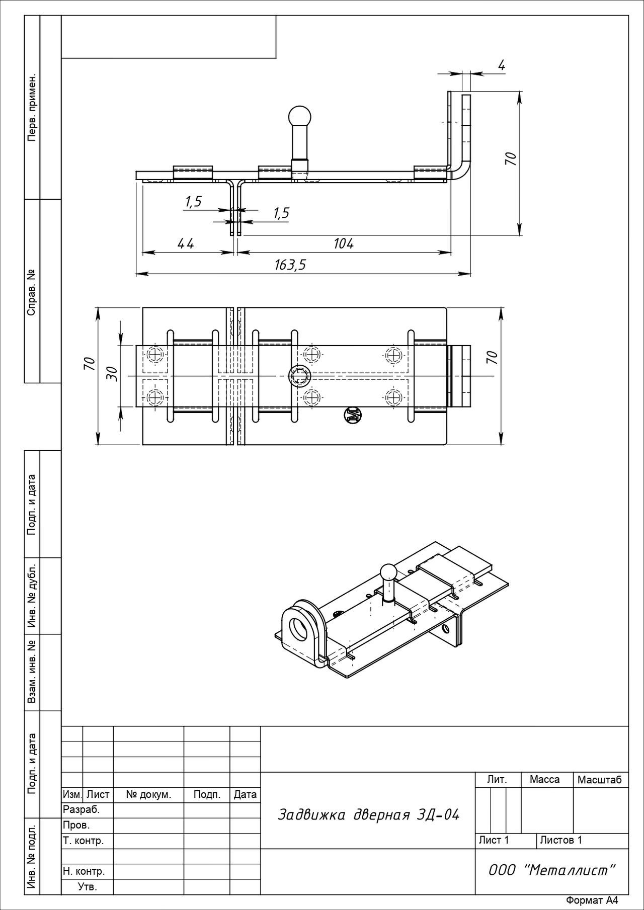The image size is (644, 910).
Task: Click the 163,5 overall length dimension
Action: point(290,265)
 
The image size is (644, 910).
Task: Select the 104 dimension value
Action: point(344,243)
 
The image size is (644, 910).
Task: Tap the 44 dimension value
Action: point(185,243)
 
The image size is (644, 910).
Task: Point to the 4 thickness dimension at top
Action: point(501,65)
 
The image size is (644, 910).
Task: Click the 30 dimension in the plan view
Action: point(113,373)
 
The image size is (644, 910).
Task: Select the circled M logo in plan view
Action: point(352,415)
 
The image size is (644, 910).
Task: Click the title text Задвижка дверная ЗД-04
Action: point(368,815)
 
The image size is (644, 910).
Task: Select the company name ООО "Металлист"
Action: point(552,870)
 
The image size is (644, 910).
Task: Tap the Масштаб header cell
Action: point(600,780)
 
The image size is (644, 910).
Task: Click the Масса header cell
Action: point(544,780)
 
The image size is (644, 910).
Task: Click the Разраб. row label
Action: point(82,810)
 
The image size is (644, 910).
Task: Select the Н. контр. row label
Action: point(84,871)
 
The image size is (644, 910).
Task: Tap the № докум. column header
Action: point(148,795)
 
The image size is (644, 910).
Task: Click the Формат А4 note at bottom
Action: point(591,900)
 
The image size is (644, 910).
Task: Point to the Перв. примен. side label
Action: point(32,108)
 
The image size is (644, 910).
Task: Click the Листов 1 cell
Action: point(561,840)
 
